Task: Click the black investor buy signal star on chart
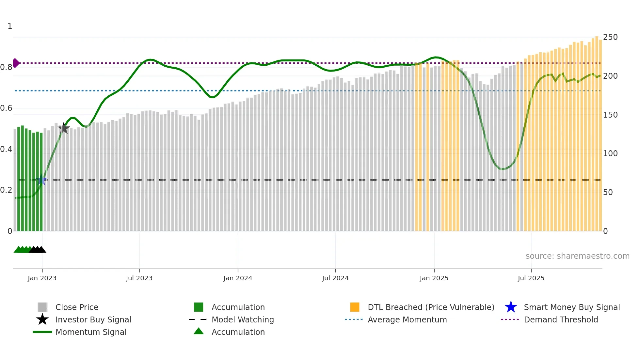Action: pyautogui.click(x=64, y=128)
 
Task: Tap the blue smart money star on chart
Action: pyautogui.click(x=41, y=180)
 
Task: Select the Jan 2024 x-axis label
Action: pyautogui.click(x=238, y=278)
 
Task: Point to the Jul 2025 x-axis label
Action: pyautogui.click(x=531, y=278)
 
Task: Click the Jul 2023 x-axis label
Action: pyautogui.click(x=139, y=278)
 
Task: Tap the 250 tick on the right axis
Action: pyautogui.click(x=610, y=37)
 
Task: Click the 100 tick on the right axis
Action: pyautogui.click(x=610, y=154)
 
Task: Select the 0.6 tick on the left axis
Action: pyautogui.click(x=7, y=108)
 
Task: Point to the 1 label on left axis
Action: pyautogui.click(x=10, y=26)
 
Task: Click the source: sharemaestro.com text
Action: pyautogui.click(x=577, y=256)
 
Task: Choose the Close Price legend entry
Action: pyautogui.click(x=77, y=307)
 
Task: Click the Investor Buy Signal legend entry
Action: pyautogui.click(x=93, y=319)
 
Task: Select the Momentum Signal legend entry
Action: pyautogui.click(x=91, y=332)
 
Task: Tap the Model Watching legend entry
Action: pyautogui.click(x=243, y=319)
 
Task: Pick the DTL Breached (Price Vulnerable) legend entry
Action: pyautogui.click(x=431, y=307)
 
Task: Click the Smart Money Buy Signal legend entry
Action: pyautogui.click(x=571, y=307)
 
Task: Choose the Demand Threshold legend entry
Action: pyautogui.click(x=561, y=319)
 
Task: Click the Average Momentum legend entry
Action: pyautogui.click(x=407, y=319)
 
